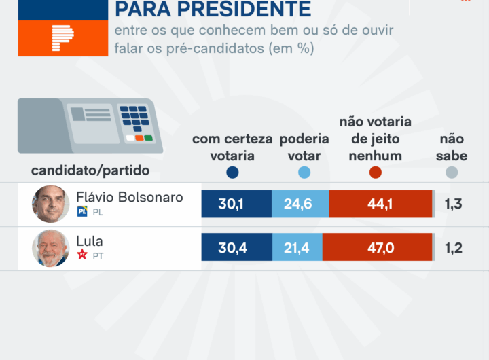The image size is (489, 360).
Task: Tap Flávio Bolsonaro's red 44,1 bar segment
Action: (380, 204)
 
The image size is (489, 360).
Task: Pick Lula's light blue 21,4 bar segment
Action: (297, 248)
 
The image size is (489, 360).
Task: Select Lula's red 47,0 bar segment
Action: (378, 248)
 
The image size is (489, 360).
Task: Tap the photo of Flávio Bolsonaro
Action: (51, 204)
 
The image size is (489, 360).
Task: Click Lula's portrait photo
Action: (51, 248)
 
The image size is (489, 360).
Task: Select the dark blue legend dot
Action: (232, 173)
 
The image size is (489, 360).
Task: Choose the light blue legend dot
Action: (304, 173)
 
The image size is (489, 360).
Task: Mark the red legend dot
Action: (376, 173)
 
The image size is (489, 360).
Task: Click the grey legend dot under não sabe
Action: (452, 173)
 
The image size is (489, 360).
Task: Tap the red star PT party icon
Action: (83, 255)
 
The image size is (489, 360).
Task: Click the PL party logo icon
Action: (83, 212)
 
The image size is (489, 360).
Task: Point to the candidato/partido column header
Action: (90, 170)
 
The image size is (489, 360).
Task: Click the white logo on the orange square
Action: (62, 39)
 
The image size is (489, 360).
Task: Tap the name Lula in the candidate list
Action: (90, 241)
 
